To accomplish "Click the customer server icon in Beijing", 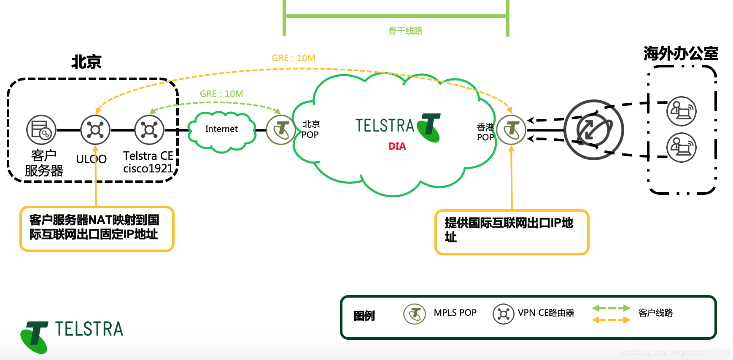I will [41, 130].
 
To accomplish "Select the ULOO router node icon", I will [95, 130].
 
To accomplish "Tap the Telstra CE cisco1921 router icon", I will [149, 130].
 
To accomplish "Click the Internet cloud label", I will [221, 129].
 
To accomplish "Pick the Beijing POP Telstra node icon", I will [281, 130].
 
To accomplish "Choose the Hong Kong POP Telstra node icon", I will [511, 130].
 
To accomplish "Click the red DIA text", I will [397, 146].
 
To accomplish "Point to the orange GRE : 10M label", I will [294, 58].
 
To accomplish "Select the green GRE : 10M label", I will [221, 94].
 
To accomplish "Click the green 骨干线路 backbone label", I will [405, 31].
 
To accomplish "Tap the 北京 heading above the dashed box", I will [86, 62].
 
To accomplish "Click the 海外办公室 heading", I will [681, 54].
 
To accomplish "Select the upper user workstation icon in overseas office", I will [681, 111].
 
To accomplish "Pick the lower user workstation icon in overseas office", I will [681, 148].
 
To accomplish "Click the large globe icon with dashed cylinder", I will [594, 130].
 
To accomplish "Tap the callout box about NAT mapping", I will [97, 229].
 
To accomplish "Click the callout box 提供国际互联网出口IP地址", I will [512, 232].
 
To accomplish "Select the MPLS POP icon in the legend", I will [415, 314].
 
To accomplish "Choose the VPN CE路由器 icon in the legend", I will [503, 314].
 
